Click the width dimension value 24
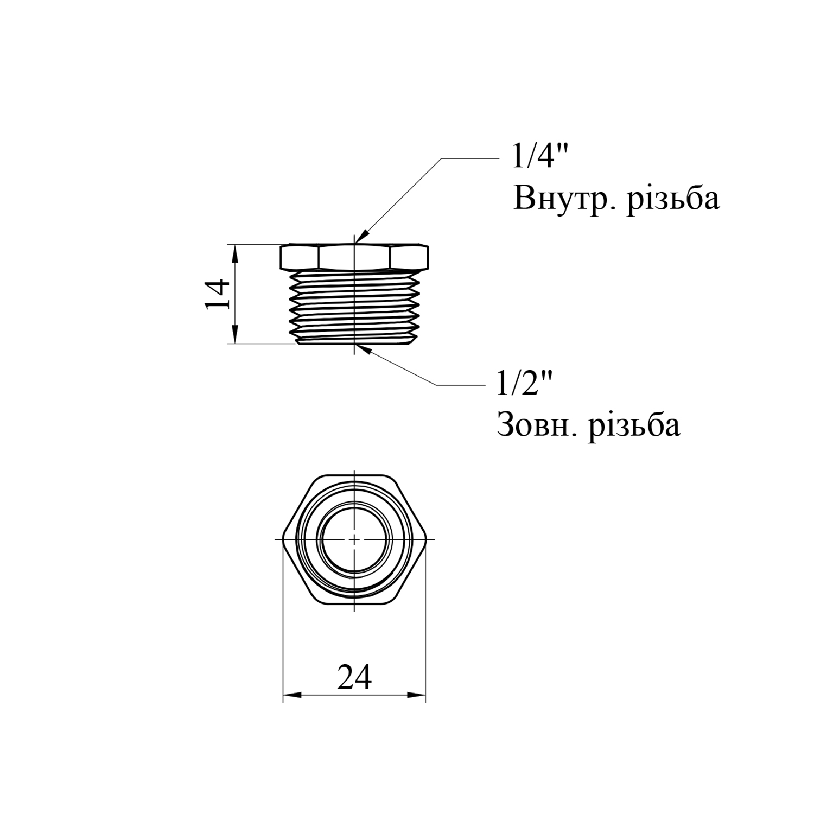click(x=354, y=677)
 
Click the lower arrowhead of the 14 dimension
click(x=234, y=334)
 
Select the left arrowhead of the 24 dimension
click(x=292, y=695)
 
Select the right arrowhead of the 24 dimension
click(x=416, y=695)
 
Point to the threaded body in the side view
click(x=354, y=307)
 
